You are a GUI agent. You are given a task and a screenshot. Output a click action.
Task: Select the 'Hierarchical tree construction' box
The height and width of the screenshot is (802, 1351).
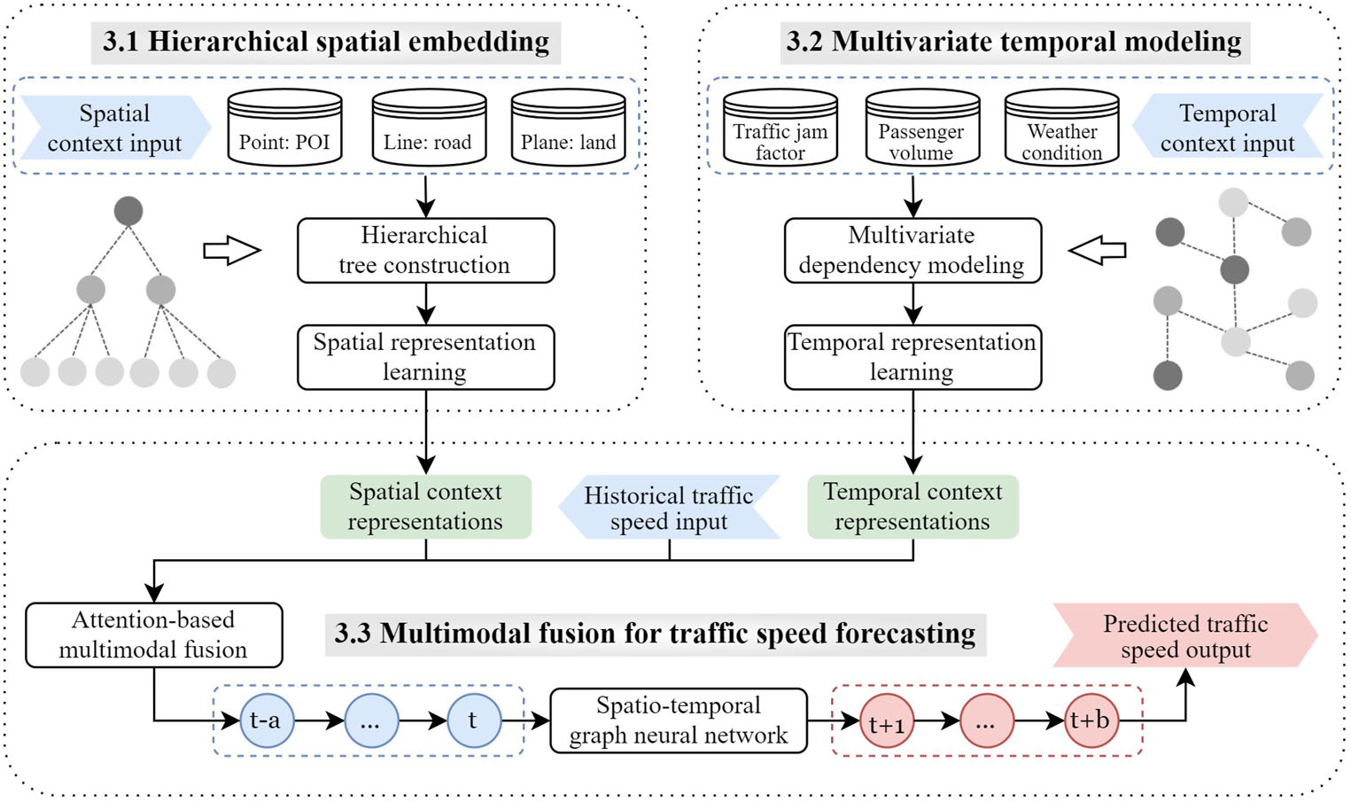(x=425, y=251)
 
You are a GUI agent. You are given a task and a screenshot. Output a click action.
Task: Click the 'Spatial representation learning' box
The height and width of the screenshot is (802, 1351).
(x=425, y=357)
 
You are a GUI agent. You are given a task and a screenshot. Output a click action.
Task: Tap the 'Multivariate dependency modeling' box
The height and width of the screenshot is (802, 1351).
(x=912, y=251)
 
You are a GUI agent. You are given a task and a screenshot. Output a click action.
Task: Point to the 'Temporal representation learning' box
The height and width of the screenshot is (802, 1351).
(x=912, y=357)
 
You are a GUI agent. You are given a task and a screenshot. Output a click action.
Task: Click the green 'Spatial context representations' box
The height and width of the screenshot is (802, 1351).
(x=425, y=507)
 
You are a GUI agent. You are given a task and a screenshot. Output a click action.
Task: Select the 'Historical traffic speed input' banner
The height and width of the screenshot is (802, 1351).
(x=669, y=508)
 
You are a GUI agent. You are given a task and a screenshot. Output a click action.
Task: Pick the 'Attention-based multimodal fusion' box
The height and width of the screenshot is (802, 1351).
(x=153, y=635)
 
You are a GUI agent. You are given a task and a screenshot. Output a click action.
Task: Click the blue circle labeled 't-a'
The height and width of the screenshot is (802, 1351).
(x=267, y=720)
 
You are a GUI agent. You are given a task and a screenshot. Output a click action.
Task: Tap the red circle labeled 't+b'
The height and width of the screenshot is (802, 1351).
(x=1091, y=721)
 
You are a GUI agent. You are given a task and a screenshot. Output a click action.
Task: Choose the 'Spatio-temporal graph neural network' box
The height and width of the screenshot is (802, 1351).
(x=679, y=720)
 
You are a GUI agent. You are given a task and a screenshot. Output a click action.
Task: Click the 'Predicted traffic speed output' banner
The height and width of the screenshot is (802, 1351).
(x=1184, y=636)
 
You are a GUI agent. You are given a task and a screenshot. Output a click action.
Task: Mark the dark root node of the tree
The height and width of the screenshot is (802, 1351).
(x=128, y=212)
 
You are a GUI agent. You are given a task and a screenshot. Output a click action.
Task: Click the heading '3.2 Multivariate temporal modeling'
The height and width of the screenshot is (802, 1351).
(x=1014, y=42)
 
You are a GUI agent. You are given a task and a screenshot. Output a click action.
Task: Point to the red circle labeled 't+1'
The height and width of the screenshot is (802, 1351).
(x=887, y=721)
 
